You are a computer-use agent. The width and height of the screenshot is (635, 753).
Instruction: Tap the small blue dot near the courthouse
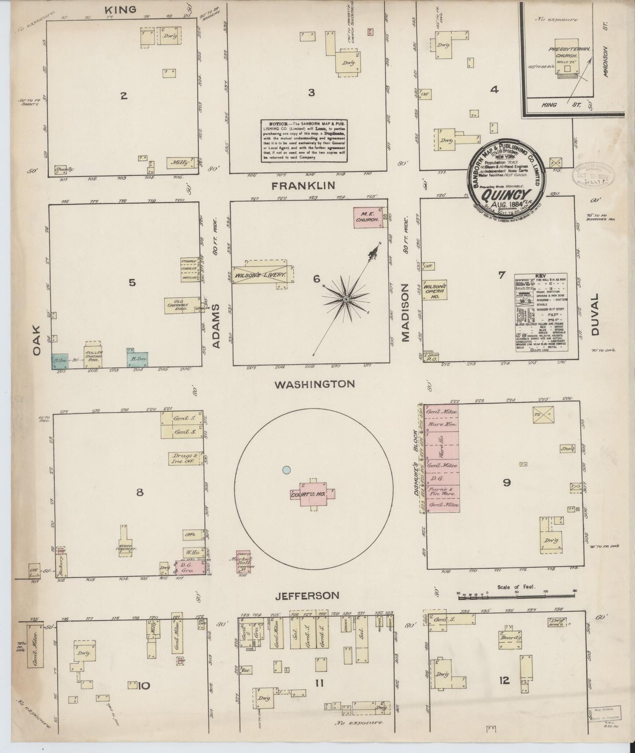pyautogui.click(x=286, y=470)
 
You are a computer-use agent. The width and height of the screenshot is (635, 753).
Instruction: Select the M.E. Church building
pyautogui.click(x=370, y=217)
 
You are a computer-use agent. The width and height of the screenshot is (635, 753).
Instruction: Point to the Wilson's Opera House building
pyautogui.click(x=435, y=290)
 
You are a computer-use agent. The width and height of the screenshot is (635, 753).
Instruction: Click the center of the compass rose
pyautogui.click(x=346, y=299)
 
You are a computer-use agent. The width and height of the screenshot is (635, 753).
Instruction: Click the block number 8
pyautogui.click(x=140, y=492)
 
